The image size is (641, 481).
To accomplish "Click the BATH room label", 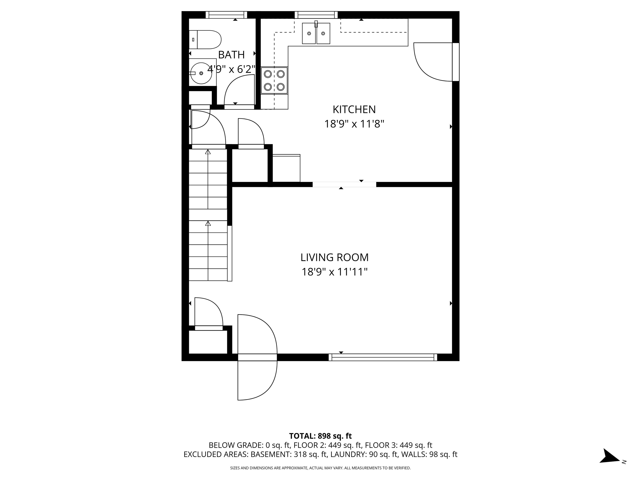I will (231, 55).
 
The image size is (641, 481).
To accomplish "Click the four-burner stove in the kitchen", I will (274, 81).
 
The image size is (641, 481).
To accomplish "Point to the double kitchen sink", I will (316, 34).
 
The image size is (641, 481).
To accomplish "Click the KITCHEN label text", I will (354, 110).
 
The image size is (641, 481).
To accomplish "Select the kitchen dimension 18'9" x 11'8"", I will (354, 124).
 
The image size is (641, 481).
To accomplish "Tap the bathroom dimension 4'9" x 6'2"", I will (231, 69).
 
